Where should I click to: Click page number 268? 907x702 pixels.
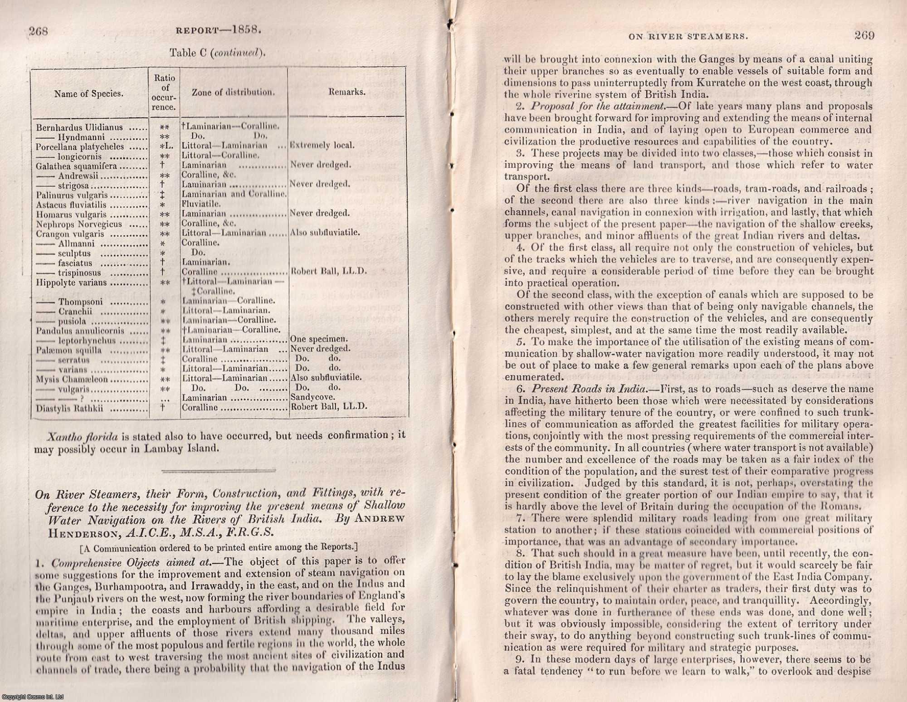click(38, 31)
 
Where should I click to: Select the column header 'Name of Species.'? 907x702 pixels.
click(88, 94)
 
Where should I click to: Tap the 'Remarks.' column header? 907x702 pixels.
click(347, 92)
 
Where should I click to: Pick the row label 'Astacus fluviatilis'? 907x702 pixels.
click(71, 205)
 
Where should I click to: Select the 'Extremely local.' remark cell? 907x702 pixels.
click(322, 146)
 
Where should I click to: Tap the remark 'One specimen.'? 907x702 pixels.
click(319, 339)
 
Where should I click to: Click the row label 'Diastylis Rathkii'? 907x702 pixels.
click(70, 409)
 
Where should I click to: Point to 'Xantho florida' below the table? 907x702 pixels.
click(82, 437)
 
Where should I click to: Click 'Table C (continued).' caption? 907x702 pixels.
click(217, 53)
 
